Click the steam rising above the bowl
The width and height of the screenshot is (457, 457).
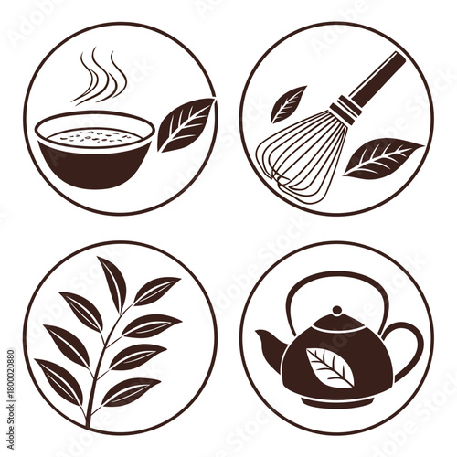click(100, 78)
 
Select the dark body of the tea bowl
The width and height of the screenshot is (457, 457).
click(92, 165)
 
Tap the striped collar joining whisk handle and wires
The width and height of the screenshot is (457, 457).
click(345, 111)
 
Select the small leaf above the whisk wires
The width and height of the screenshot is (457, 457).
click(288, 103)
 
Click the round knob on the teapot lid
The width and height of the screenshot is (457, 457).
click(336, 313)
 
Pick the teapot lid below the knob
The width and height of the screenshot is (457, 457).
click(336, 324)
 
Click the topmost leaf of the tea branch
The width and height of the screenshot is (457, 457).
click(113, 283)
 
